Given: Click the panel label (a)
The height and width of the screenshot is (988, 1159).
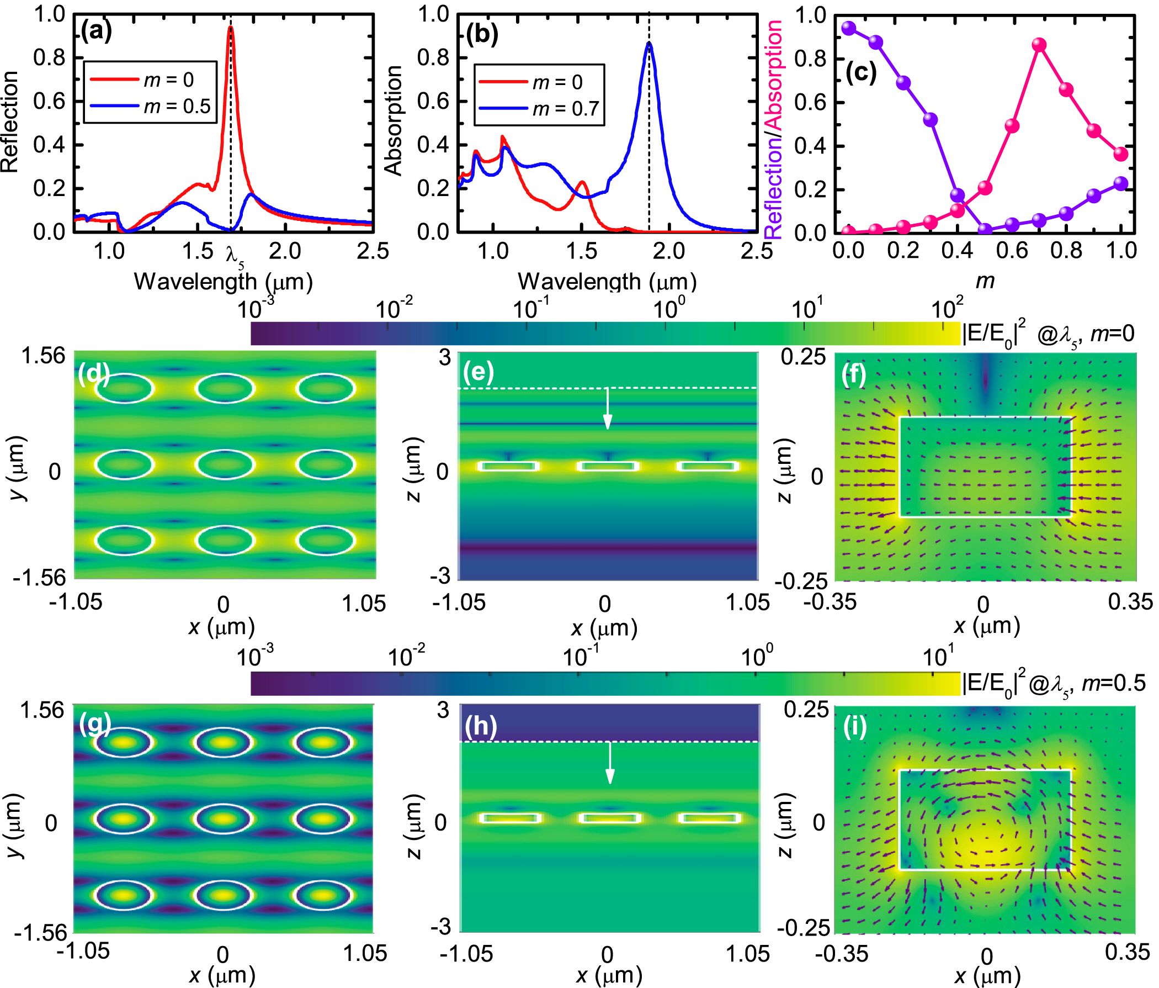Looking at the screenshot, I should click(96, 30).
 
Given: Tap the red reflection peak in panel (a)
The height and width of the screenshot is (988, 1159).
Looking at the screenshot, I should click(231, 28).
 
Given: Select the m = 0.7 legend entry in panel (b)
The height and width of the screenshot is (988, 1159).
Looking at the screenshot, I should click(566, 109).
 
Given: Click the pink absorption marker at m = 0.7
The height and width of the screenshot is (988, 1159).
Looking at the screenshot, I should click(1039, 45).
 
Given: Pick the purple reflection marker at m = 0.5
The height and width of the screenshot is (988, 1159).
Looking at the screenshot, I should click(985, 230).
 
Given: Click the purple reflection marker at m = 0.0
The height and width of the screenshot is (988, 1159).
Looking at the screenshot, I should click(849, 28).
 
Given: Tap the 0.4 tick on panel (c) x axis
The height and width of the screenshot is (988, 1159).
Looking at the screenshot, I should click(957, 250).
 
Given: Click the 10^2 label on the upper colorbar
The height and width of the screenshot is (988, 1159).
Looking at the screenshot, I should click(947, 307).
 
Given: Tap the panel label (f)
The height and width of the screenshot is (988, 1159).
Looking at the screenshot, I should click(854, 374).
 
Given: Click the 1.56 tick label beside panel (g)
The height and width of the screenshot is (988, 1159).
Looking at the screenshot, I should click(42, 710).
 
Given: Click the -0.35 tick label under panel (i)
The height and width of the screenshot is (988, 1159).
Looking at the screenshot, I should click(841, 954).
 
